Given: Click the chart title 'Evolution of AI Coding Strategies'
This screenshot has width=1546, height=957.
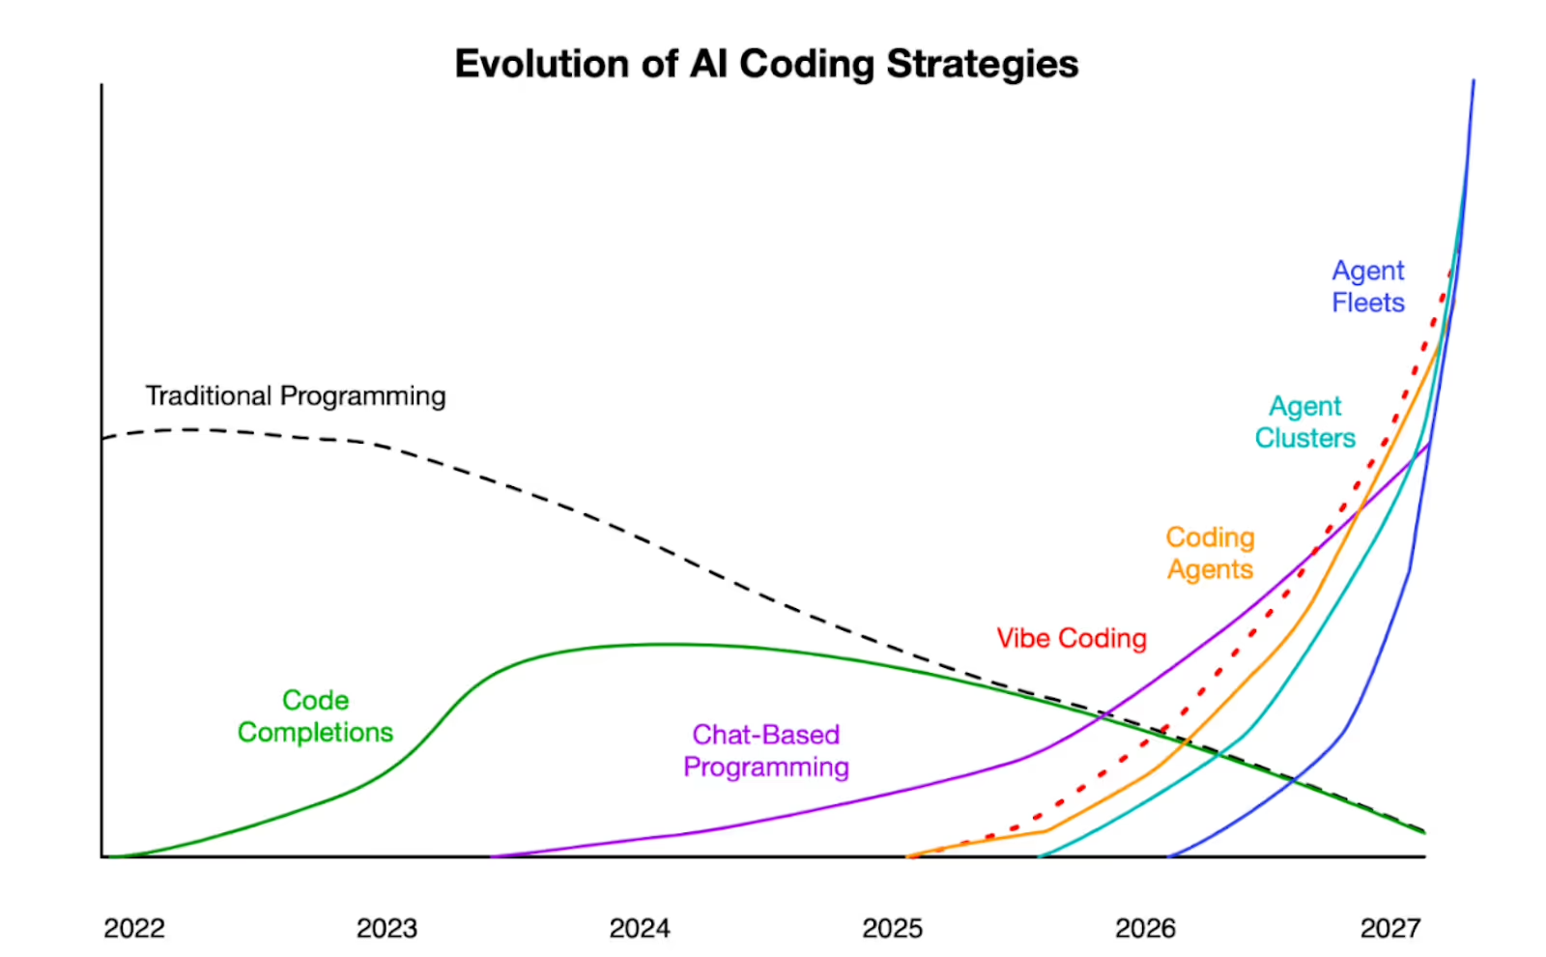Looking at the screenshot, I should tap(766, 64).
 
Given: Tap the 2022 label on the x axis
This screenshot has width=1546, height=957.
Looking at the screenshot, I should tap(134, 928).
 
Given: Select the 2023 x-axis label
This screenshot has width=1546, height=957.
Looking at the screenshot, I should tap(386, 928).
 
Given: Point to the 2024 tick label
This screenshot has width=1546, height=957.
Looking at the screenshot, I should tap(640, 928).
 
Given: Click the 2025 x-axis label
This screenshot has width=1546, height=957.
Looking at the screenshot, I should tap(892, 928).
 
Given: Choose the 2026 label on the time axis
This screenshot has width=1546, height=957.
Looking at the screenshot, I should tap(1145, 928).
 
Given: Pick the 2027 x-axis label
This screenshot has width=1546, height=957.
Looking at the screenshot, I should tap(1390, 928).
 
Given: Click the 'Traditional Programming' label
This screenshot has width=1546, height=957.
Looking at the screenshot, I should tap(296, 396).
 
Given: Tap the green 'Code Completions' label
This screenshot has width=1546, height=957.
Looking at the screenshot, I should tap(315, 716).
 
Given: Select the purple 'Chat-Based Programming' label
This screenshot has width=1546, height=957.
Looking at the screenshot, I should tap(766, 751).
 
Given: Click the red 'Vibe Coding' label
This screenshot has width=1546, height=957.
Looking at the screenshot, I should tap(1072, 639).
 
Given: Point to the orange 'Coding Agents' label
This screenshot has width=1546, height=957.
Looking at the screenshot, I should tap(1210, 554).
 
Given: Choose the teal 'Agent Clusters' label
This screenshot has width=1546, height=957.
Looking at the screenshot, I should tap(1304, 422).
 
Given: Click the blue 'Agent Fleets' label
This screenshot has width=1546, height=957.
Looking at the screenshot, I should tap(1367, 287).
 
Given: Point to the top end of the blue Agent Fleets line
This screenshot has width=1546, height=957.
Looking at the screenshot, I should tap(1474, 82).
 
